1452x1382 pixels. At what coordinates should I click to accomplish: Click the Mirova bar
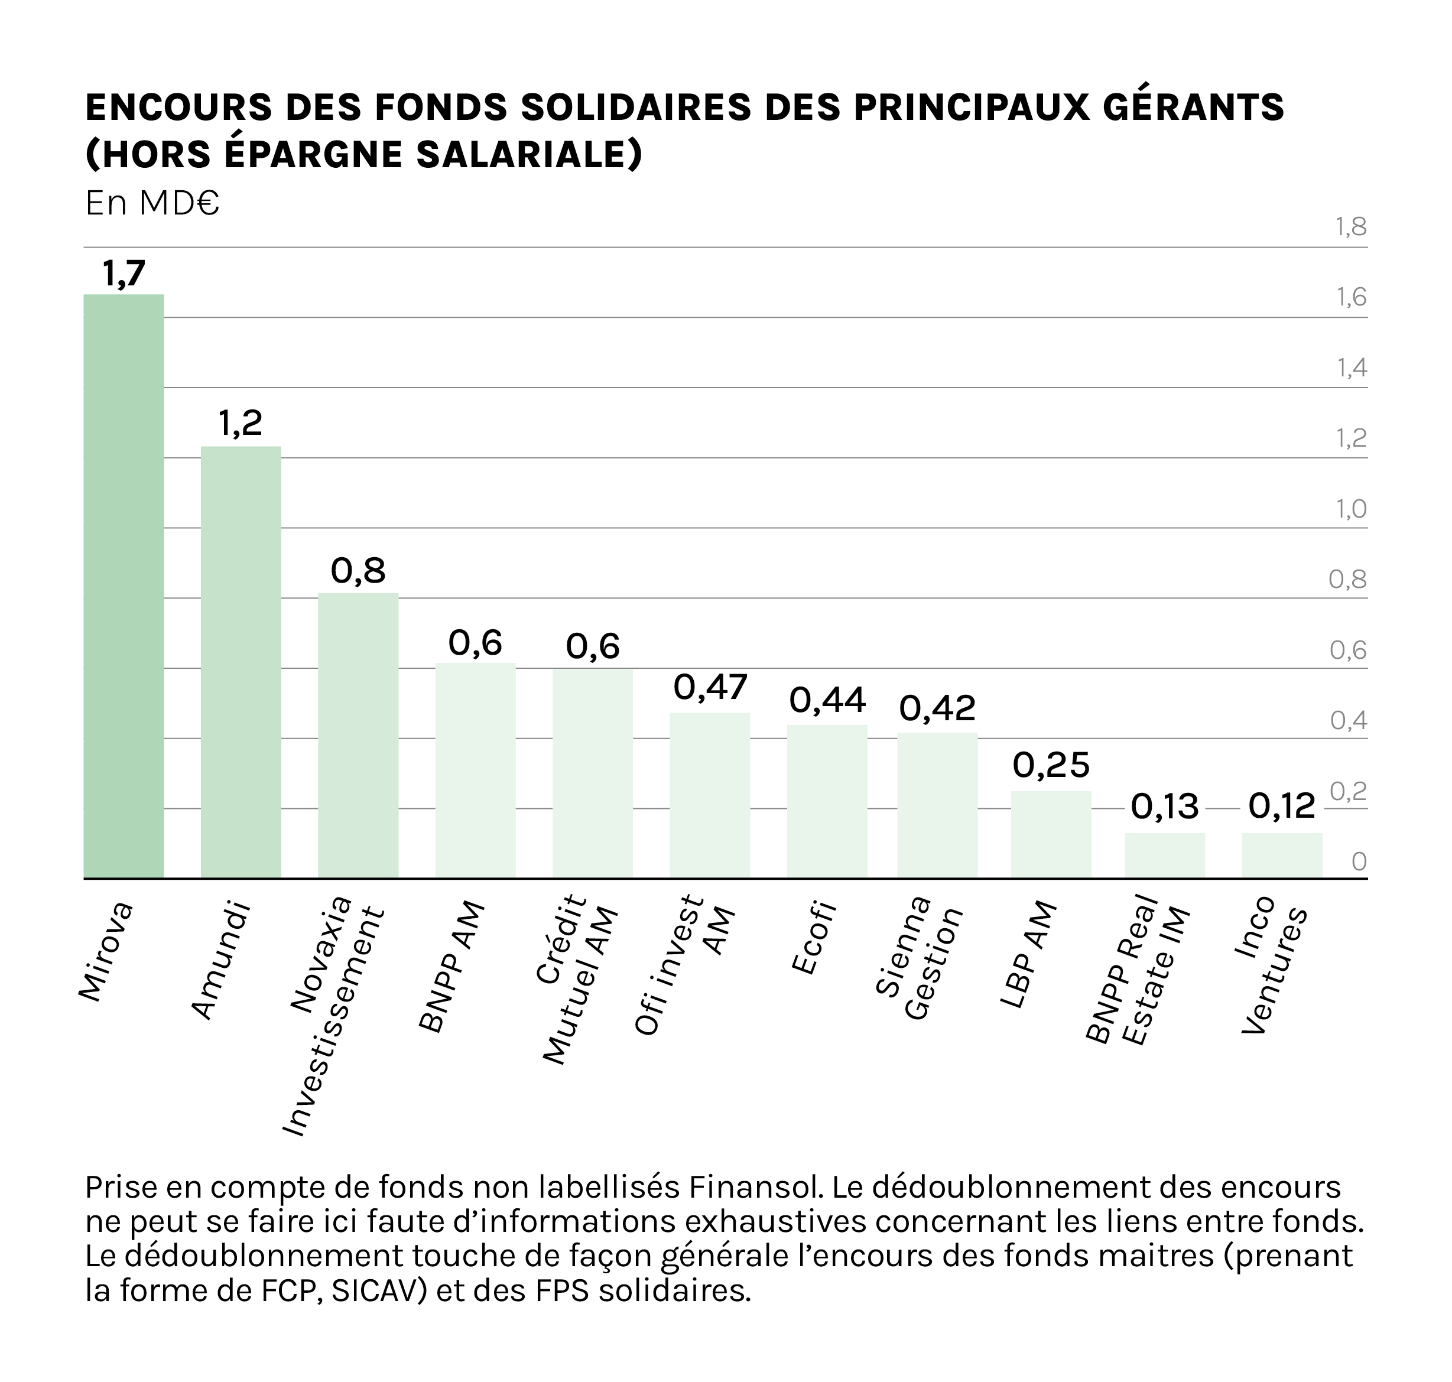(x=124, y=586)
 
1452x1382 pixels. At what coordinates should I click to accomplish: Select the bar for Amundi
(x=241, y=662)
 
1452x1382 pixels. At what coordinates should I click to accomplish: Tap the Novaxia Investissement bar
(x=358, y=735)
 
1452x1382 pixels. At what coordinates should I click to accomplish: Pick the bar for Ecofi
(x=827, y=802)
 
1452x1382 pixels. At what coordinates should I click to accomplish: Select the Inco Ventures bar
(x=1282, y=856)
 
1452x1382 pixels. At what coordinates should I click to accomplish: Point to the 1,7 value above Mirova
(x=124, y=274)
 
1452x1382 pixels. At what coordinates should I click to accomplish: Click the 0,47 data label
(x=710, y=687)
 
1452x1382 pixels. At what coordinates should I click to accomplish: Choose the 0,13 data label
(x=1165, y=807)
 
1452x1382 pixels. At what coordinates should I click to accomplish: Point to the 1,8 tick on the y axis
(x=1351, y=227)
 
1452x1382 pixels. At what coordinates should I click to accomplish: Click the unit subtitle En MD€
(x=152, y=203)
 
